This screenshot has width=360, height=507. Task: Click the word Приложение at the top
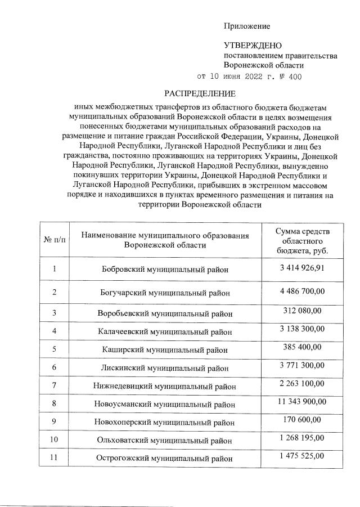click(247, 26)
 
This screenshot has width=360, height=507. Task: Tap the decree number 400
click(294, 77)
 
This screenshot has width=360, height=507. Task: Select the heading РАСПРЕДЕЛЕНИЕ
click(200, 93)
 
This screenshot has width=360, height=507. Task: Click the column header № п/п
click(55, 240)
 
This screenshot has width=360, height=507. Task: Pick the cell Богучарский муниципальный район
click(165, 293)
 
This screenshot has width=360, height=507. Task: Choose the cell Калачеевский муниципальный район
click(165, 331)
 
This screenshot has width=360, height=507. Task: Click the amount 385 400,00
click(303, 347)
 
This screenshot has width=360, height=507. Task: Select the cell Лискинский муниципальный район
click(165, 368)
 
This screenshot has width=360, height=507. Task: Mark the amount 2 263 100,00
click(303, 384)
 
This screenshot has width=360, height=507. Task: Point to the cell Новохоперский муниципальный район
click(165, 423)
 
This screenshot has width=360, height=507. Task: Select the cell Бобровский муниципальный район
click(165, 270)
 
